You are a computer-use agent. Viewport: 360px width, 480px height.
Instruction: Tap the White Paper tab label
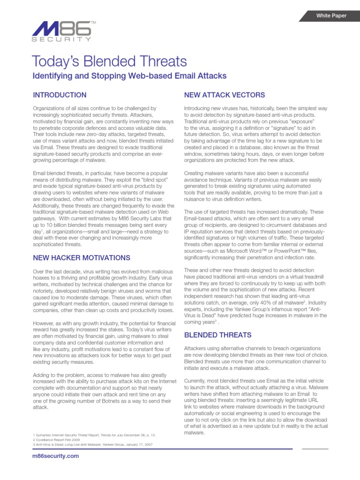331,15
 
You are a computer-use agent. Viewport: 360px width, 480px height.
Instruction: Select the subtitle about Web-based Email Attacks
129,75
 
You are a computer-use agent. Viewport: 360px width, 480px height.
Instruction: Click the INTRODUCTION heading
60,95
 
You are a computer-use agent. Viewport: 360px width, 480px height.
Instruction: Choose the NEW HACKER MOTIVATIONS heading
82,258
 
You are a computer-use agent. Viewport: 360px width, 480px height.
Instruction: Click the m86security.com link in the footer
56,456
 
